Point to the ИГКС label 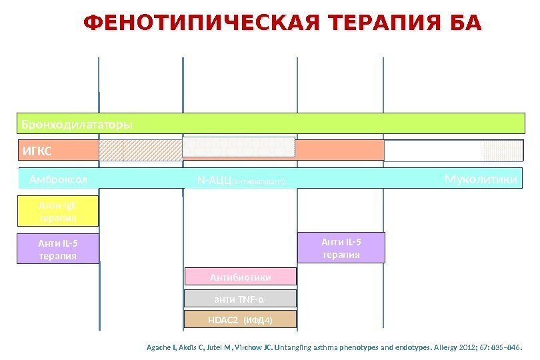[37, 151]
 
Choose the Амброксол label [59, 180]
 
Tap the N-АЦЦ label [213, 181]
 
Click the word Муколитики [481, 179]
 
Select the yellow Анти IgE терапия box [57, 211]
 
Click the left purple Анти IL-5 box [57, 249]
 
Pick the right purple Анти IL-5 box [341, 247]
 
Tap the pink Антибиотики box [241, 277]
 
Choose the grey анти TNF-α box [240, 298]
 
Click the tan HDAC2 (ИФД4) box [240, 319]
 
